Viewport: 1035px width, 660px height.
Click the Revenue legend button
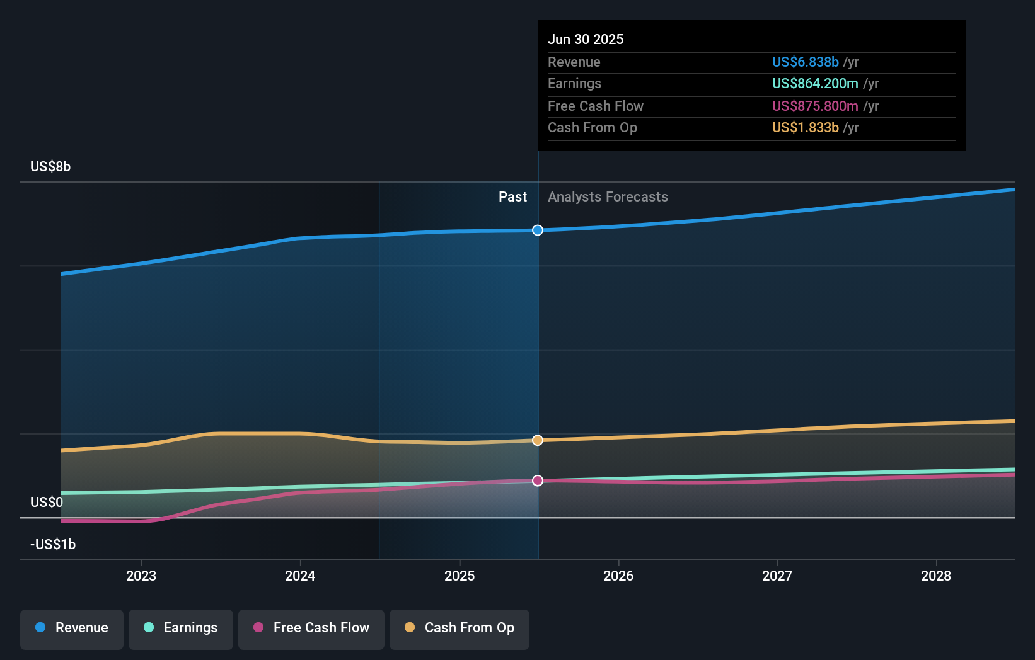click(x=72, y=628)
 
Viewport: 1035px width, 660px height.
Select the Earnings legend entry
click(x=181, y=628)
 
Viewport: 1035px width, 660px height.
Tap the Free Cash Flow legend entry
click(x=311, y=628)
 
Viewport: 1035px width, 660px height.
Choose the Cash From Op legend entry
click(x=460, y=628)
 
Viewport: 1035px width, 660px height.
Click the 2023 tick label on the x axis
click(x=141, y=576)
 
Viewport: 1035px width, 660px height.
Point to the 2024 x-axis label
click(x=300, y=576)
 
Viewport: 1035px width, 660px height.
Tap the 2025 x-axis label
click(x=460, y=576)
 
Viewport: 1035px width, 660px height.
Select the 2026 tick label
click(x=618, y=576)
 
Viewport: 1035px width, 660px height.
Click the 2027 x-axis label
click(x=777, y=576)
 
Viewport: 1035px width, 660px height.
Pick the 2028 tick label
click(x=936, y=576)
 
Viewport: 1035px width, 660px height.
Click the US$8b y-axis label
click(x=50, y=167)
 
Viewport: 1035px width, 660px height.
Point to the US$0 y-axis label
click(x=47, y=502)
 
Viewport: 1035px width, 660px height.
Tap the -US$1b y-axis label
click(x=53, y=544)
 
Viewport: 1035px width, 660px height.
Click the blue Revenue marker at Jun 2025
click(x=538, y=230)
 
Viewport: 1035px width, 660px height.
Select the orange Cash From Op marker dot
click(x=538, y=440)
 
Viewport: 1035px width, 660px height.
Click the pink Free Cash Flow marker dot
click(x=538, y=481)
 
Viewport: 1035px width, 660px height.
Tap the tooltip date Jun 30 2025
click(x=586, y=39)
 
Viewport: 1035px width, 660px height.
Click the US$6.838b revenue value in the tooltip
click(x=805, y=62)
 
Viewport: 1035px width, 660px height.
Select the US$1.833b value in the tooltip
click(x=805, y=127)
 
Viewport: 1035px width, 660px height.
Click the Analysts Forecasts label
click(x=608, y=197)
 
